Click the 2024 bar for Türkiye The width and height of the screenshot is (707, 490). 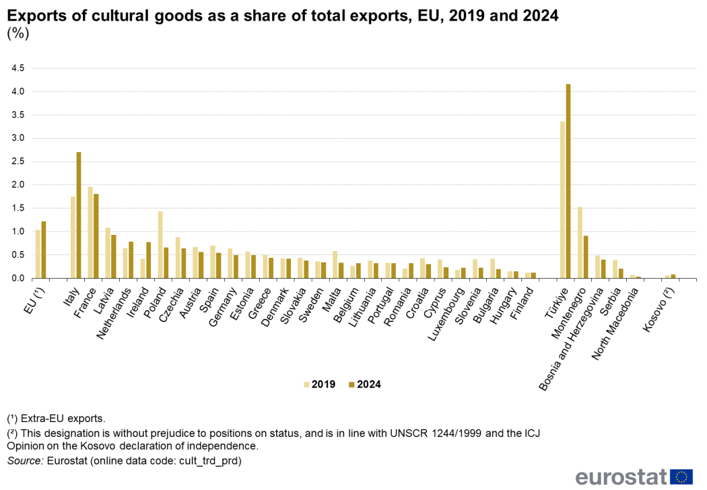point(568,181)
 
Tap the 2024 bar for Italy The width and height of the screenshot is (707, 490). point(79,215)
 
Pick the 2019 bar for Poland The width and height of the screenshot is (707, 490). point(160,245)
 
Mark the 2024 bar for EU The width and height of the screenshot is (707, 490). point(44,250)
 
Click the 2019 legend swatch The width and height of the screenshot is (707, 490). point(307,384)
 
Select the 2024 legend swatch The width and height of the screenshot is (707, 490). point(351,384)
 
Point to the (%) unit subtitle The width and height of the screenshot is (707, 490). point(18,34)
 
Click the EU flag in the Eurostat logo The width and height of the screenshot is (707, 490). point(683,477)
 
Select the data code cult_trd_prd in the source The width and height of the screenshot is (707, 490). point(203,461)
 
